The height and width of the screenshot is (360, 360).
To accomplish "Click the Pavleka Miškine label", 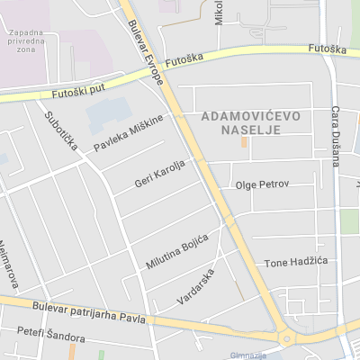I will click(130, 133).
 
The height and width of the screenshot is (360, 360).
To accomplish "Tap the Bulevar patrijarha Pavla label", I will click(88, 312).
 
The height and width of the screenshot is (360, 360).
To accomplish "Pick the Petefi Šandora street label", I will click(56, 336).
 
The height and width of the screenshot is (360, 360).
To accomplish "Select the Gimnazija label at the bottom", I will click(247, 355).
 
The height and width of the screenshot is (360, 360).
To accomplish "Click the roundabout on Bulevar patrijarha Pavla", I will click(287, 338).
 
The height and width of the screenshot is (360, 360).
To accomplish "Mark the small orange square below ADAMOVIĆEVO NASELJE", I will click(244, 142).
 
